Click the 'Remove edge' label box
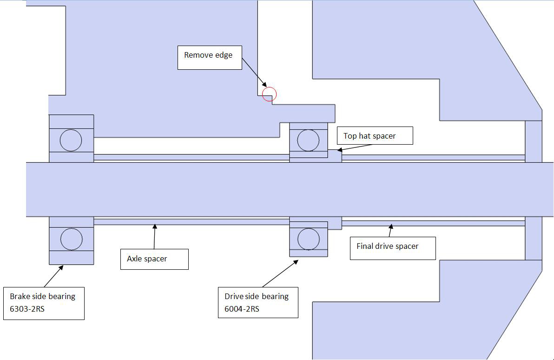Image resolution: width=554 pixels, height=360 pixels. point(210,57)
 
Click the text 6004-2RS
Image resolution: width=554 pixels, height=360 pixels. point(242,309)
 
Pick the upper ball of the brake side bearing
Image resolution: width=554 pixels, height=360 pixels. point(71,140)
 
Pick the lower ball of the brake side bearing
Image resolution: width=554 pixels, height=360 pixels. point(72,239)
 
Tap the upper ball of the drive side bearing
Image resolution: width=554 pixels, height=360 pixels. point(308,140)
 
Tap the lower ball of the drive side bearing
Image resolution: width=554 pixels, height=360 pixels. point(308,240)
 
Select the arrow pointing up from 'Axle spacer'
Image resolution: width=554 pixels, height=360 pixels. point(154,237)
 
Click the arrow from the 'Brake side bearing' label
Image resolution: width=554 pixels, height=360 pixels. point(54,275)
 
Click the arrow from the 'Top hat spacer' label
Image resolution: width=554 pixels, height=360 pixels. point(356,147)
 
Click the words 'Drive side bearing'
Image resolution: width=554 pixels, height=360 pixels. point(257,296)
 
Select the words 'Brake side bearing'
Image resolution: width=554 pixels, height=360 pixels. point(42,296)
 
